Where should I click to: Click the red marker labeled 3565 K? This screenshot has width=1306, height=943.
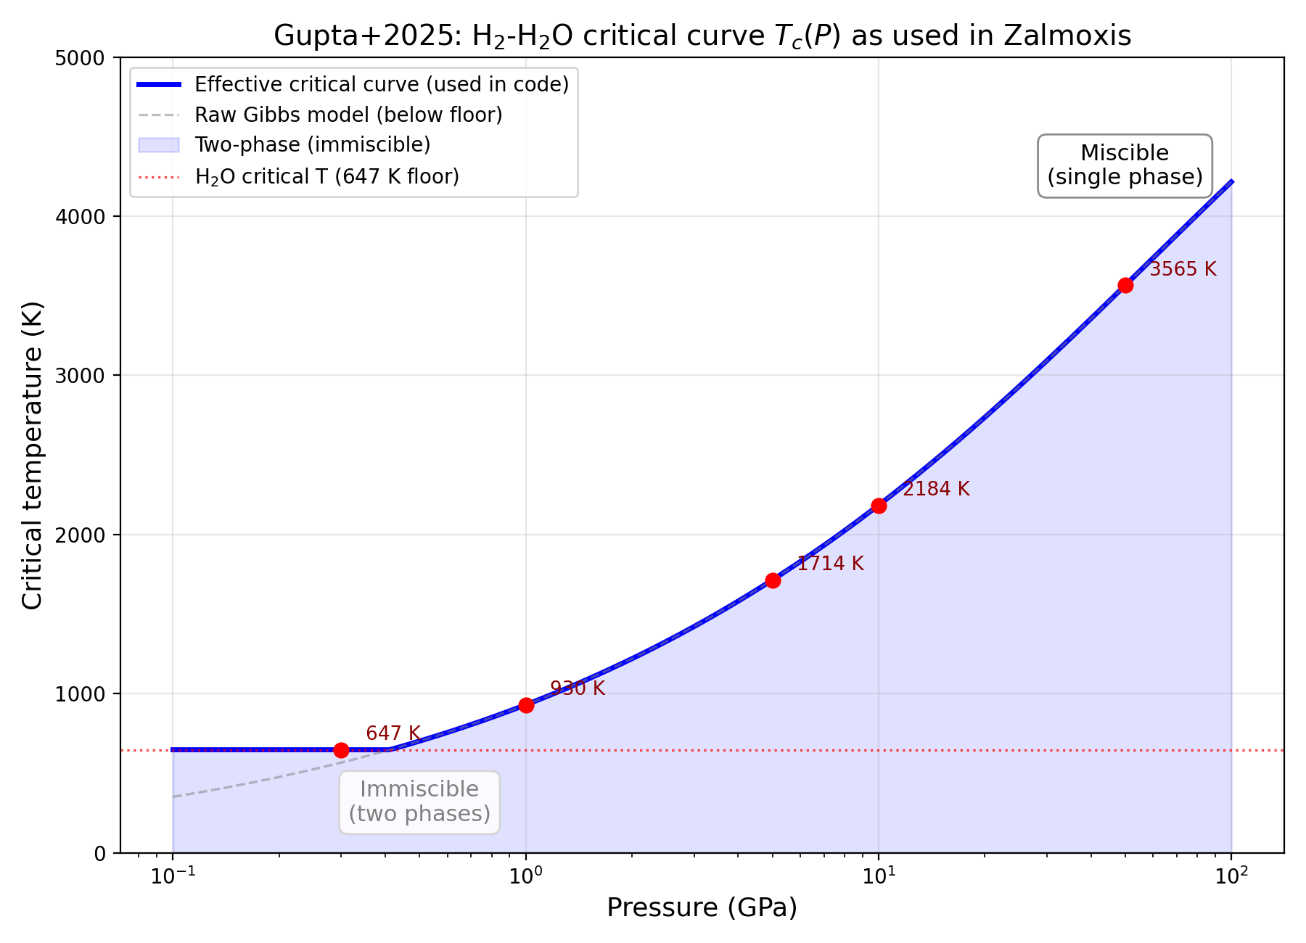(x=1125, y=285)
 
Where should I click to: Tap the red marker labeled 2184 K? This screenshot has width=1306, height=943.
(x=879, y=506)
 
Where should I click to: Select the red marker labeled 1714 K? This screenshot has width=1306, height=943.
(x=773, y=580)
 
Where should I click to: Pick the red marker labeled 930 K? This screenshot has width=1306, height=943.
(x=526, y=705)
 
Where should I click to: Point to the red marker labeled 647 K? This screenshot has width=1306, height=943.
(x=341, y=750)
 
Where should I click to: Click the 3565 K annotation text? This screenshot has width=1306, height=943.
(x=1183, y=269)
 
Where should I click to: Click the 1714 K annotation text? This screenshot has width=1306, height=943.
(x=830, y=564)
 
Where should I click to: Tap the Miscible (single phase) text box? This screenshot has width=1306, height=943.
(x=1125, y=165)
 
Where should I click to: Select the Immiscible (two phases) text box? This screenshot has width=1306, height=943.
(x=419, y=802)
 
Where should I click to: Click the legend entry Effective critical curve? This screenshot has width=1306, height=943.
(x=382, y=85)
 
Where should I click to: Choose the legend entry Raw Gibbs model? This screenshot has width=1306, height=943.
(x=348, y=115)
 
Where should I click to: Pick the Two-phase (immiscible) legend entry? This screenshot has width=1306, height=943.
(x=312, y=145)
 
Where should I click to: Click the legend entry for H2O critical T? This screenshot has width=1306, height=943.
(x=326, y=177)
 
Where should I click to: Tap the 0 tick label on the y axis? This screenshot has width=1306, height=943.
(x=100, y=853)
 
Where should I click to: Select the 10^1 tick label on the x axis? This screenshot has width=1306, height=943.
(x=879, y=876)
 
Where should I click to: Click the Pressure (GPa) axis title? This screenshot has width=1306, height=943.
(x=702, y=907)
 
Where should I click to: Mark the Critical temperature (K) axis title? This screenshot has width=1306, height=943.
(x=32, y=455)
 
